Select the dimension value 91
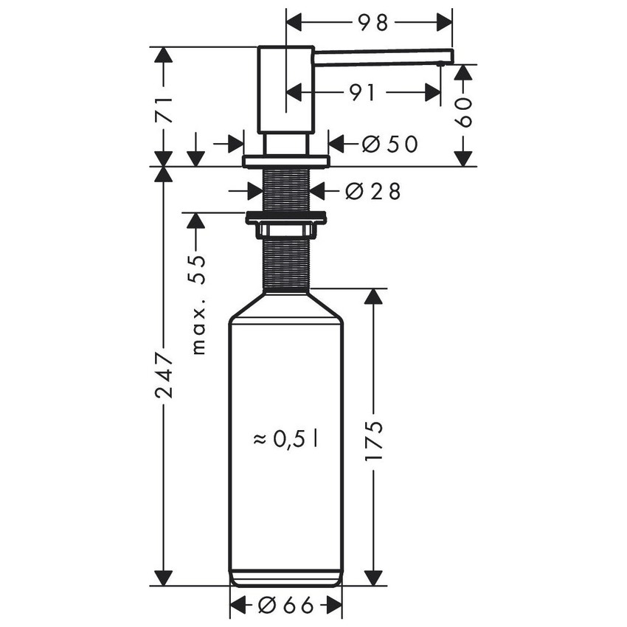coord(361,92)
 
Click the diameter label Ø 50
coord(390,144)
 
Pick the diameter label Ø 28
coord(373,191)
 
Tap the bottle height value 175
coord(374,441)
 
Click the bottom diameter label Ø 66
coord(286,606)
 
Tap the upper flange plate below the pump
coord(286,161)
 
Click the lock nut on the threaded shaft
coord(286,218)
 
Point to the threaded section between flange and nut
coord(286,190)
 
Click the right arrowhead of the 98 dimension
coord(445,23)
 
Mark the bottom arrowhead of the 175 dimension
coord(374,578)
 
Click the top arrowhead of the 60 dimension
coord(463,72)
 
